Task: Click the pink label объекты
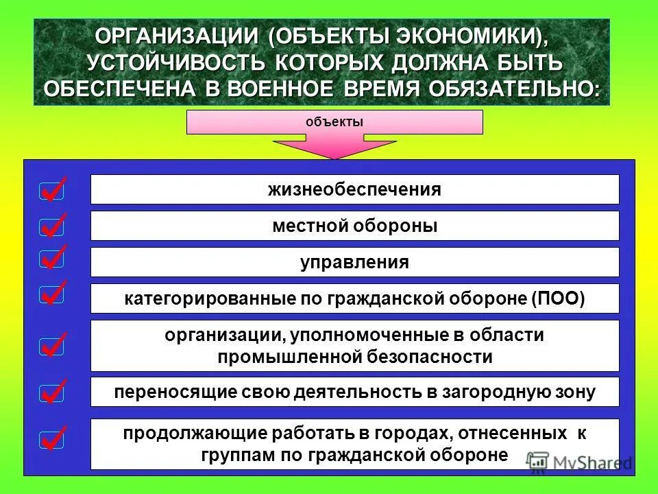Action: click(334, 122)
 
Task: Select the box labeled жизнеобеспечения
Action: click(354, 189)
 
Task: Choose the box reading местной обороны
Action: click(354, 226)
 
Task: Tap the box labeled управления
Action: click(354, 262)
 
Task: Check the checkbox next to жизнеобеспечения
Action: click(52, 190)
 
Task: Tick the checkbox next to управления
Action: click(52, 259)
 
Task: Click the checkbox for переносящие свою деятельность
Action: click(52, 394)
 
